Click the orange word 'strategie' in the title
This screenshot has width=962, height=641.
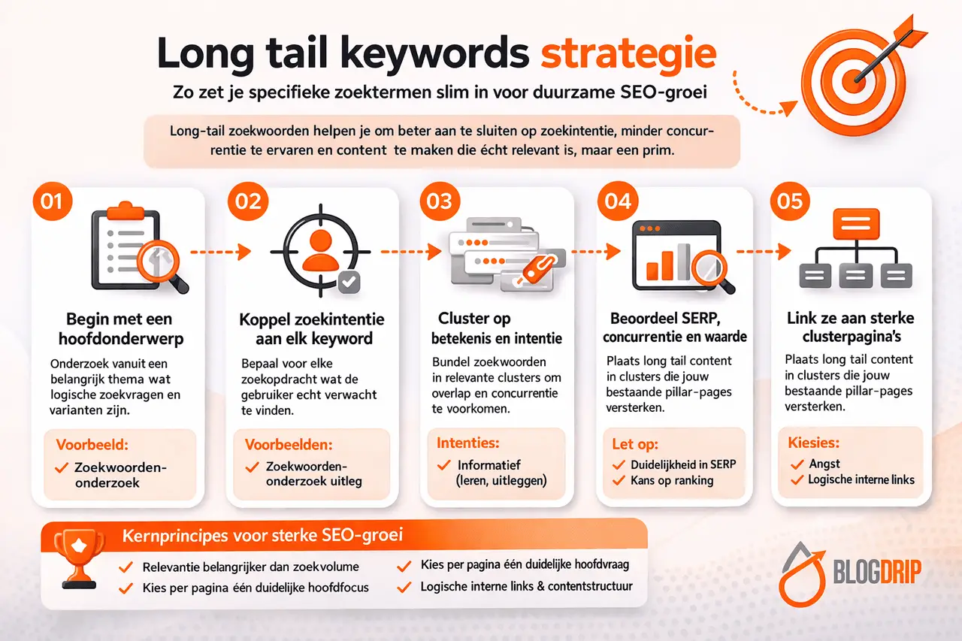(628, 55)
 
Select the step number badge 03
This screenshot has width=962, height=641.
(440, 201)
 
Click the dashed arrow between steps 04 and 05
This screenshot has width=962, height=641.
(762, 251)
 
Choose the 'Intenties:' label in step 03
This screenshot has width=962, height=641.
(468, 443)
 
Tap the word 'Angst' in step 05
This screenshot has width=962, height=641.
(824, 464)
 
